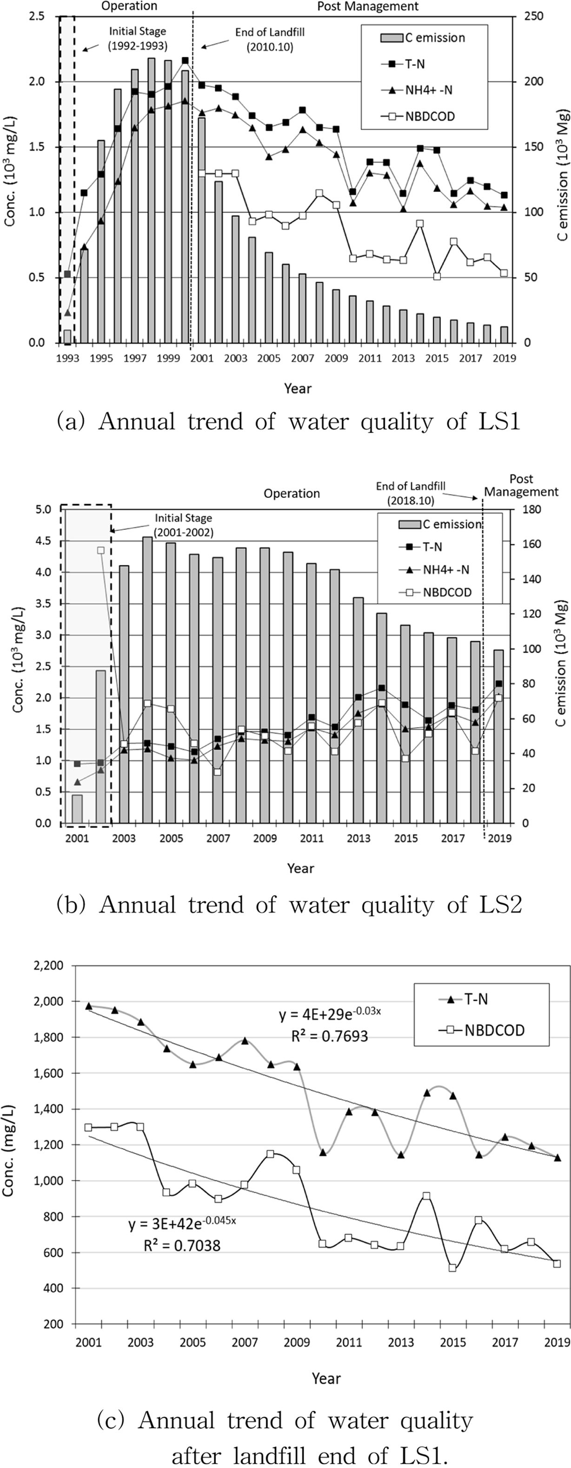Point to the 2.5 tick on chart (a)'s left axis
click(37, 16)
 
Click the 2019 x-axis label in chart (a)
click(505, 358)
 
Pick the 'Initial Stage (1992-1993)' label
click(138, 39)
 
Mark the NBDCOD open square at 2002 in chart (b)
click(101, 550)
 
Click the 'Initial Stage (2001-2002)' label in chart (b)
click(183, 525)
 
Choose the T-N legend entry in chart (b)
click(432, 547)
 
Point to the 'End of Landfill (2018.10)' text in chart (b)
click(411, 493)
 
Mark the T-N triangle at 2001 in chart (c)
click(89, 1006)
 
